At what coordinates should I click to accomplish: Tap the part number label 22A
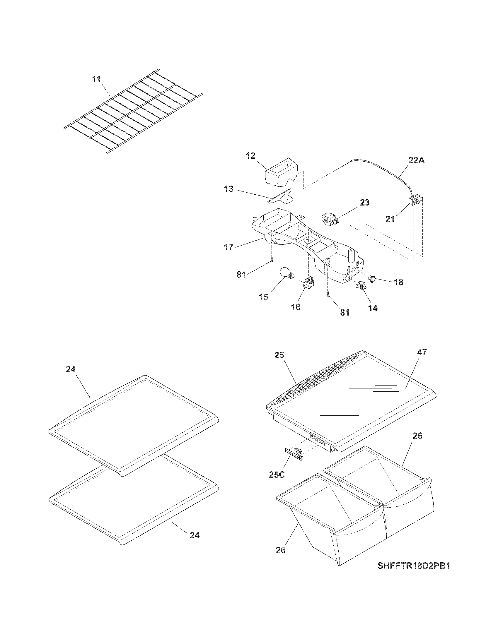click(416, 161)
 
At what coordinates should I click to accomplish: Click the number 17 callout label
click(229, 247)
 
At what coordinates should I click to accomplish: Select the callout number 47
click(422, 352)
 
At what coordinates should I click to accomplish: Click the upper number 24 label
click(71, 369)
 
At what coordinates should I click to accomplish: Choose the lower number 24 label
click(195, 535)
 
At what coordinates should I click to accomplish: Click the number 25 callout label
click(279, 355)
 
